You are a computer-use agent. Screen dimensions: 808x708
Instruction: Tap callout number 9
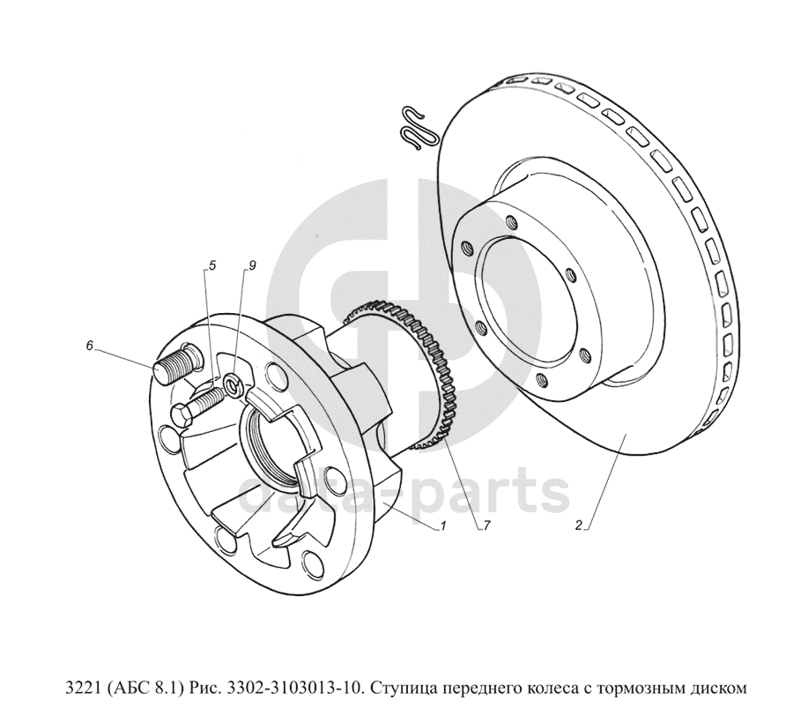pos(252,266)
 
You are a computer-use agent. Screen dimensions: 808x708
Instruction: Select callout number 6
pos(90,346)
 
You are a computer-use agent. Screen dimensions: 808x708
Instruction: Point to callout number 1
pos(442,526)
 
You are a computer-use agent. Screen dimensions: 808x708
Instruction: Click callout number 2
pos(579,526)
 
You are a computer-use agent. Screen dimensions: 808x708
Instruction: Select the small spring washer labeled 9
pos(234,384)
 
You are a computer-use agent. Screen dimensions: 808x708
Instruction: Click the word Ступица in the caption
pos(404,689)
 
